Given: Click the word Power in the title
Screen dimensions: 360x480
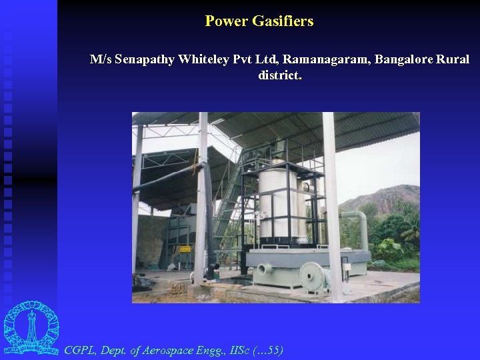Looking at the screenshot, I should [227, 21].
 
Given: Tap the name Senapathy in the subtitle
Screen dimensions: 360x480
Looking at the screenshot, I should [145, 59].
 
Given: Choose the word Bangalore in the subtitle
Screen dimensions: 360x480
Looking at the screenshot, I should [404, 59].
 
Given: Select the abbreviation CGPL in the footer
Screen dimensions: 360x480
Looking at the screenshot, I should [80, 349].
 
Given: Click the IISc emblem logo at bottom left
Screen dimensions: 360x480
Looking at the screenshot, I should [31, 328].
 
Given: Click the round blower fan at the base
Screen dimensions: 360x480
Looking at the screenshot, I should [311, 275].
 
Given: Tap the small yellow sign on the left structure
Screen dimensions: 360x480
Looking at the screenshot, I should [185, 248].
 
